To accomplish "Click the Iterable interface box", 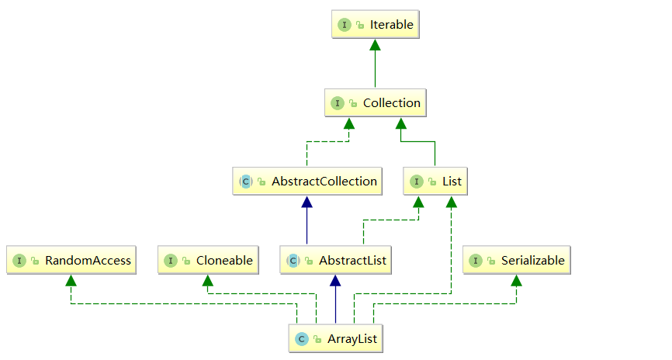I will point(375,25).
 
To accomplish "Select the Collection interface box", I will point(375,103).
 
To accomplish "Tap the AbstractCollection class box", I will point(308,182).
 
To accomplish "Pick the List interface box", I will point(435,182).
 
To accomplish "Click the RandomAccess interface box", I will point(70,261).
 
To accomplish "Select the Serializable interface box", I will point(516,261).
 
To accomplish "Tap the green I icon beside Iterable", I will point(345,25).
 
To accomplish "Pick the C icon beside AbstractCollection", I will point(245,182).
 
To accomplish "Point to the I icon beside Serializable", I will point(475,261).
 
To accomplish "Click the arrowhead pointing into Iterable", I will point(375,45).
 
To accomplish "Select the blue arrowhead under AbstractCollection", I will point(307,202).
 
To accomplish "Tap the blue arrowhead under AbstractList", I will point(335,281).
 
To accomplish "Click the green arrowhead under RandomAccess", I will point(71,281).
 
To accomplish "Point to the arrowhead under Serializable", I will point(516,281).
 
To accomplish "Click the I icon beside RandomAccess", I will point(19,261).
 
